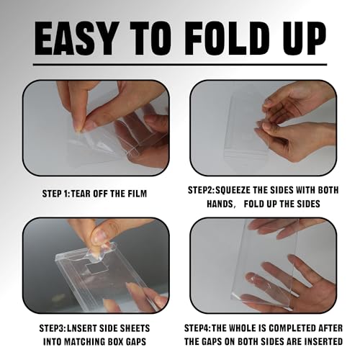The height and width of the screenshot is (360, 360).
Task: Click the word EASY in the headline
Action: (x=75, y=38)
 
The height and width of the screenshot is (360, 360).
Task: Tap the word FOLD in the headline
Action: (x=230, y=38)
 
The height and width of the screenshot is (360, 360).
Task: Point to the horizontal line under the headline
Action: (x=180, y=64)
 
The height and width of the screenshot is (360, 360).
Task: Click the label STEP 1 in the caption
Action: (x=55, y=194)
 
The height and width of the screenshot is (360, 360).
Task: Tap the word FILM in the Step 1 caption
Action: (x=137, y=194)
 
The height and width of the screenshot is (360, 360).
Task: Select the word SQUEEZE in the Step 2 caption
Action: (x=233, y=190)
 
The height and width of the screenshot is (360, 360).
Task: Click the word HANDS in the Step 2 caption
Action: (x=220, y=204)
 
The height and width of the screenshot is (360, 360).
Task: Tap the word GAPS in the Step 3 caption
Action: (x=135, y=342)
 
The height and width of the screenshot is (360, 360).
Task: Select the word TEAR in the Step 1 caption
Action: (x=81, y=194)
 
